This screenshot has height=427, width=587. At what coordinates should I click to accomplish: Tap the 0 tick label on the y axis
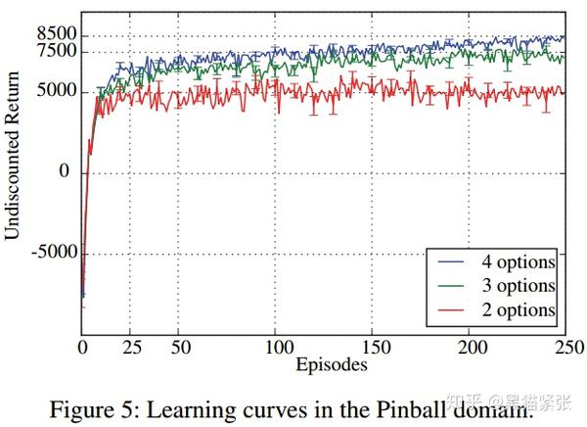click(x=67, y=172)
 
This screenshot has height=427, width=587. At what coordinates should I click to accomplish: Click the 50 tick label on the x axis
click(x=179, y=348)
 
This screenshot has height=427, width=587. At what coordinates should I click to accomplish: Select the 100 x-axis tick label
click(x=277, y=348)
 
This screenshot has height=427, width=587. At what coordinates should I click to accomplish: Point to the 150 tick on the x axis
click(x=375, y=348)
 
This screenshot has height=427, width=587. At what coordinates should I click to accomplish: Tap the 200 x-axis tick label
click(x=472, y=348)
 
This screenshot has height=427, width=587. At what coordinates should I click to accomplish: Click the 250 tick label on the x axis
click(x=568, y=348)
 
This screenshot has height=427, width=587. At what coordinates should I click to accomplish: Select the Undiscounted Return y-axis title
click(x=13, y=174)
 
